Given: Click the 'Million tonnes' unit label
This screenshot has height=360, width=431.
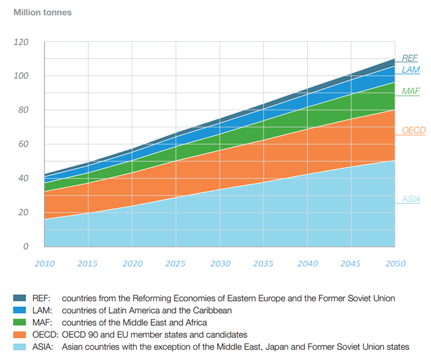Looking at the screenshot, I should point(43,12).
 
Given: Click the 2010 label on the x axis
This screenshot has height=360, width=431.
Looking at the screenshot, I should point(44,264).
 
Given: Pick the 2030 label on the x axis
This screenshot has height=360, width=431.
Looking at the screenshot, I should point(220,264).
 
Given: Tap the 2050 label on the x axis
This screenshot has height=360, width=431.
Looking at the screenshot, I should point(395,264).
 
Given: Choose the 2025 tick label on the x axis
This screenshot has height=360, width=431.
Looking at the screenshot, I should point(176,264).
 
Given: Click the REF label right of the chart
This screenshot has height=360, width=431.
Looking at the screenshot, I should point(410,58).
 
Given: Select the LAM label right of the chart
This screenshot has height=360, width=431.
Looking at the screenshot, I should point(411,70).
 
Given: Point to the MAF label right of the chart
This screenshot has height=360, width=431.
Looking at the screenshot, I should point(411,91).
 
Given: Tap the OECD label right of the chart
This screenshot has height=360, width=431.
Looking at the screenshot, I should point(413,131).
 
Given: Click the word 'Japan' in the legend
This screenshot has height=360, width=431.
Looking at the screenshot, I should point(284,347).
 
